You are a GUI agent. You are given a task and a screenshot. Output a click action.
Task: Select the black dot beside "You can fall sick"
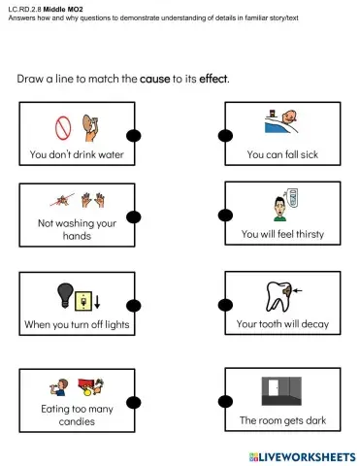[x=227, y=136]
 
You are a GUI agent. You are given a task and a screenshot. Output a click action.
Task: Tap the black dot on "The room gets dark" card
[x=227, y=401]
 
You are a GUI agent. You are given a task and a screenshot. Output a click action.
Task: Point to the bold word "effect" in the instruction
[x=213, y=78]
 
